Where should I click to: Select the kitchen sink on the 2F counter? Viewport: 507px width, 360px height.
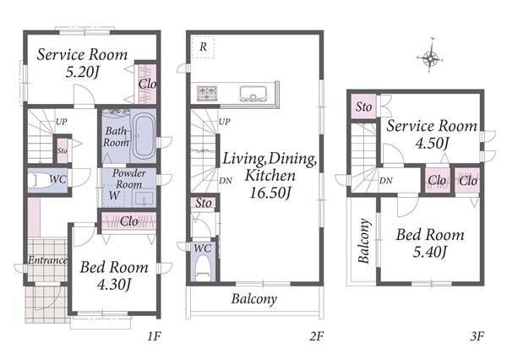(x=253, y=94)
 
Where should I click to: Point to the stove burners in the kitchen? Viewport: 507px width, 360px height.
(x=207, y=92)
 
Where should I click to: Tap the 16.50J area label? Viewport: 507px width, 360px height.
(x=270, y=194)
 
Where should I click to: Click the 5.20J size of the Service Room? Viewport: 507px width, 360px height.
(x=83, y=72)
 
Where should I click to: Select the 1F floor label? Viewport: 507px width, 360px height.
(x=155, y=336)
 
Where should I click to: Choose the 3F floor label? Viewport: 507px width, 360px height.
(x=477, y=336)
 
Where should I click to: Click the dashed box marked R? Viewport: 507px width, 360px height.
(x=203, y=46)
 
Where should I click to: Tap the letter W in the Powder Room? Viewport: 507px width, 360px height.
(x=114, y=195)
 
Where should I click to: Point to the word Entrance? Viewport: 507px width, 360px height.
(x=47, y=260)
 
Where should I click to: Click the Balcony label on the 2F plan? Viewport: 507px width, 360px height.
(x=254, y=299)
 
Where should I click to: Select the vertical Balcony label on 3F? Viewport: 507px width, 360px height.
(x=364, y=241)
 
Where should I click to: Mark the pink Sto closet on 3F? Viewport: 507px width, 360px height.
(x=363, y=106)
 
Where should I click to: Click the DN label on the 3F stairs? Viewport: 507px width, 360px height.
(x=386, y=181)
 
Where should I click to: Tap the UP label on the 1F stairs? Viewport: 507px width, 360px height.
(x=62, y=122)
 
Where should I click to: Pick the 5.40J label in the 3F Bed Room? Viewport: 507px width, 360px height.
(x=430, y=251)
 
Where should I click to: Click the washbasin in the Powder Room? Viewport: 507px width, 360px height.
(x=144, y=198)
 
